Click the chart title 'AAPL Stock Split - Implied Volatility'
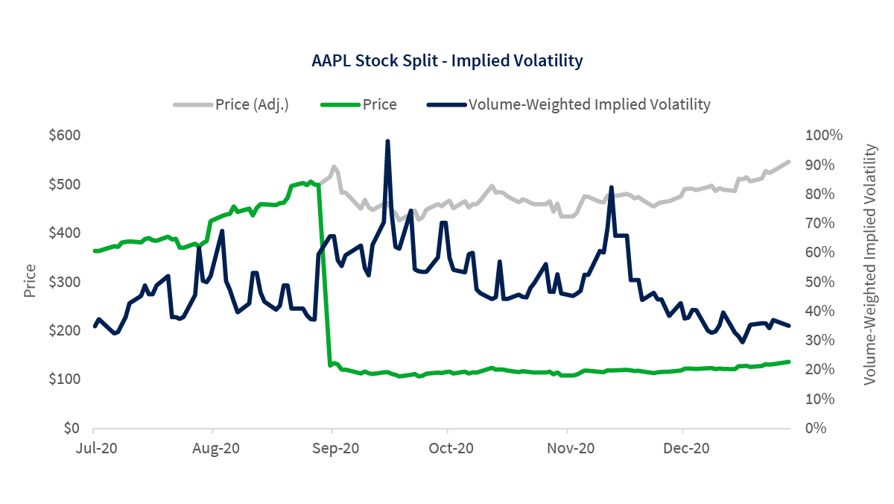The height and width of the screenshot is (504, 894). pos(446,61)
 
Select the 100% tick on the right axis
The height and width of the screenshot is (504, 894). pos(823,136)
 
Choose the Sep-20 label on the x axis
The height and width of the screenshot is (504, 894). pos(332,449)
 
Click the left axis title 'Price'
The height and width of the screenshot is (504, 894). pos(31,281)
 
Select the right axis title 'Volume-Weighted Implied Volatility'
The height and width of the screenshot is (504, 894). pos(870,265)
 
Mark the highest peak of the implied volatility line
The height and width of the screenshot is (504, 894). pos(387,141)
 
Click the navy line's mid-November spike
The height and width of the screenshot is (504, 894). pos(611,188)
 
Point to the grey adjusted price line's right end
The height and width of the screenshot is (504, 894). pos(789,161)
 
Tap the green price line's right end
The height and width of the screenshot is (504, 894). pos(789,362)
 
